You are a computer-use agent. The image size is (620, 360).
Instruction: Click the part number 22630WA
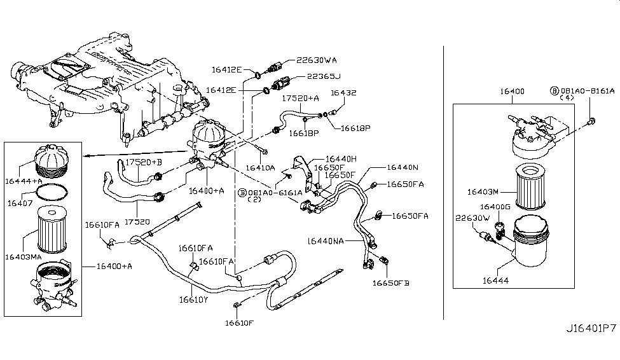(317, 62)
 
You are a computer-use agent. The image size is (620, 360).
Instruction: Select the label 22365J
(324, 77)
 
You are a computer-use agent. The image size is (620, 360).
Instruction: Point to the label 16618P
(355, 128)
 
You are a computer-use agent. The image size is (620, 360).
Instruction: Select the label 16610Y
(193, 298)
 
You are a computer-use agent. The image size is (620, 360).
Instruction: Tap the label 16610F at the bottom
(239, 323)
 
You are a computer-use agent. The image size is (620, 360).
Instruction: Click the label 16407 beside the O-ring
(20, 203)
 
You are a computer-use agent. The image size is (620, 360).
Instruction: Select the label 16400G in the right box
(495, 207)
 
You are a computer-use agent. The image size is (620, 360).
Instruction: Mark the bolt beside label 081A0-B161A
(592, 120)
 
